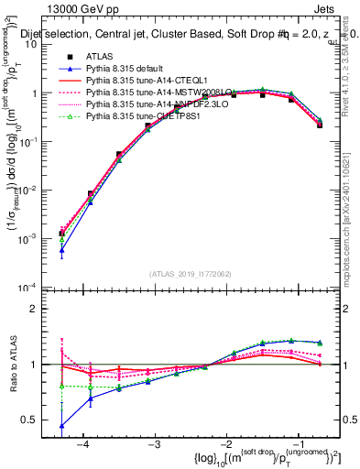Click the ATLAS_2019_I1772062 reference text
pyautogui.click(x=190, y=274)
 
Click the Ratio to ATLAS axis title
pyautogui.click(x=15, y=364)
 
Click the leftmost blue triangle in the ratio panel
pyautogui.click(x=61, y=426)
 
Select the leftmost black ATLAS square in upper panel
pyautogui.click(x=61, y=234)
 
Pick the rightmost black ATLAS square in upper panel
pyautogui.click(x=320, y=125)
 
